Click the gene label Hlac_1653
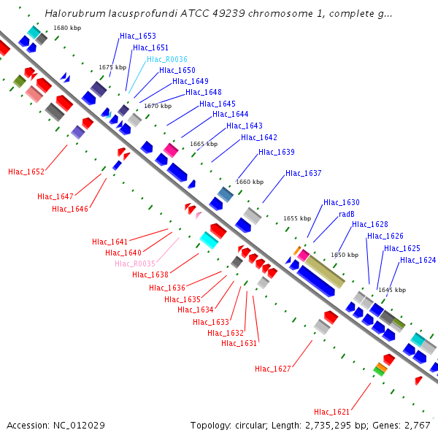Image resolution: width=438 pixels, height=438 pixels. coord(138,36)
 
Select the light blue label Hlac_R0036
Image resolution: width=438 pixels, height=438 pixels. coord(167,59)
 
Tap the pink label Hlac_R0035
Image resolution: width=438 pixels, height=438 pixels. coord(135,264)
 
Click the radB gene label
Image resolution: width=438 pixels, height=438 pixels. coord(347,214)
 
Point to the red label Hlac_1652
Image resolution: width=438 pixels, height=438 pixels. coord(26,172)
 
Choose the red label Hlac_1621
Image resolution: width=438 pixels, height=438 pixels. coord(332,412)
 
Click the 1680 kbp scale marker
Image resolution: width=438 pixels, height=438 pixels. coord(67,28)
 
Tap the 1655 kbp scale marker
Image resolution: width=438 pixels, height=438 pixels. coord(297,218)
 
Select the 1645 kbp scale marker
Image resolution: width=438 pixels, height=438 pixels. coord(392,290)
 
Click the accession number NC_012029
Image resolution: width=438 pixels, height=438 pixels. coord(79,426)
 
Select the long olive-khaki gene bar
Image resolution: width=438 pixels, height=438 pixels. coord(325,272)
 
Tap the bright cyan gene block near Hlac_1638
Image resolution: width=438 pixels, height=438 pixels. coord(209,240)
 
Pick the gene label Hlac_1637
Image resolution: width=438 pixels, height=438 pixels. coord(304,173)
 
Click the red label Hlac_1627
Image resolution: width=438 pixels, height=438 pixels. coord(273,369)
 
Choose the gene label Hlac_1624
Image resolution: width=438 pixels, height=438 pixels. coord(418,261)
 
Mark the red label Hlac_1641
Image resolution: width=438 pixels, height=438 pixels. coord(109,242)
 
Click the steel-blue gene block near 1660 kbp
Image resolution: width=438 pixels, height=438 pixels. coord(226,195)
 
